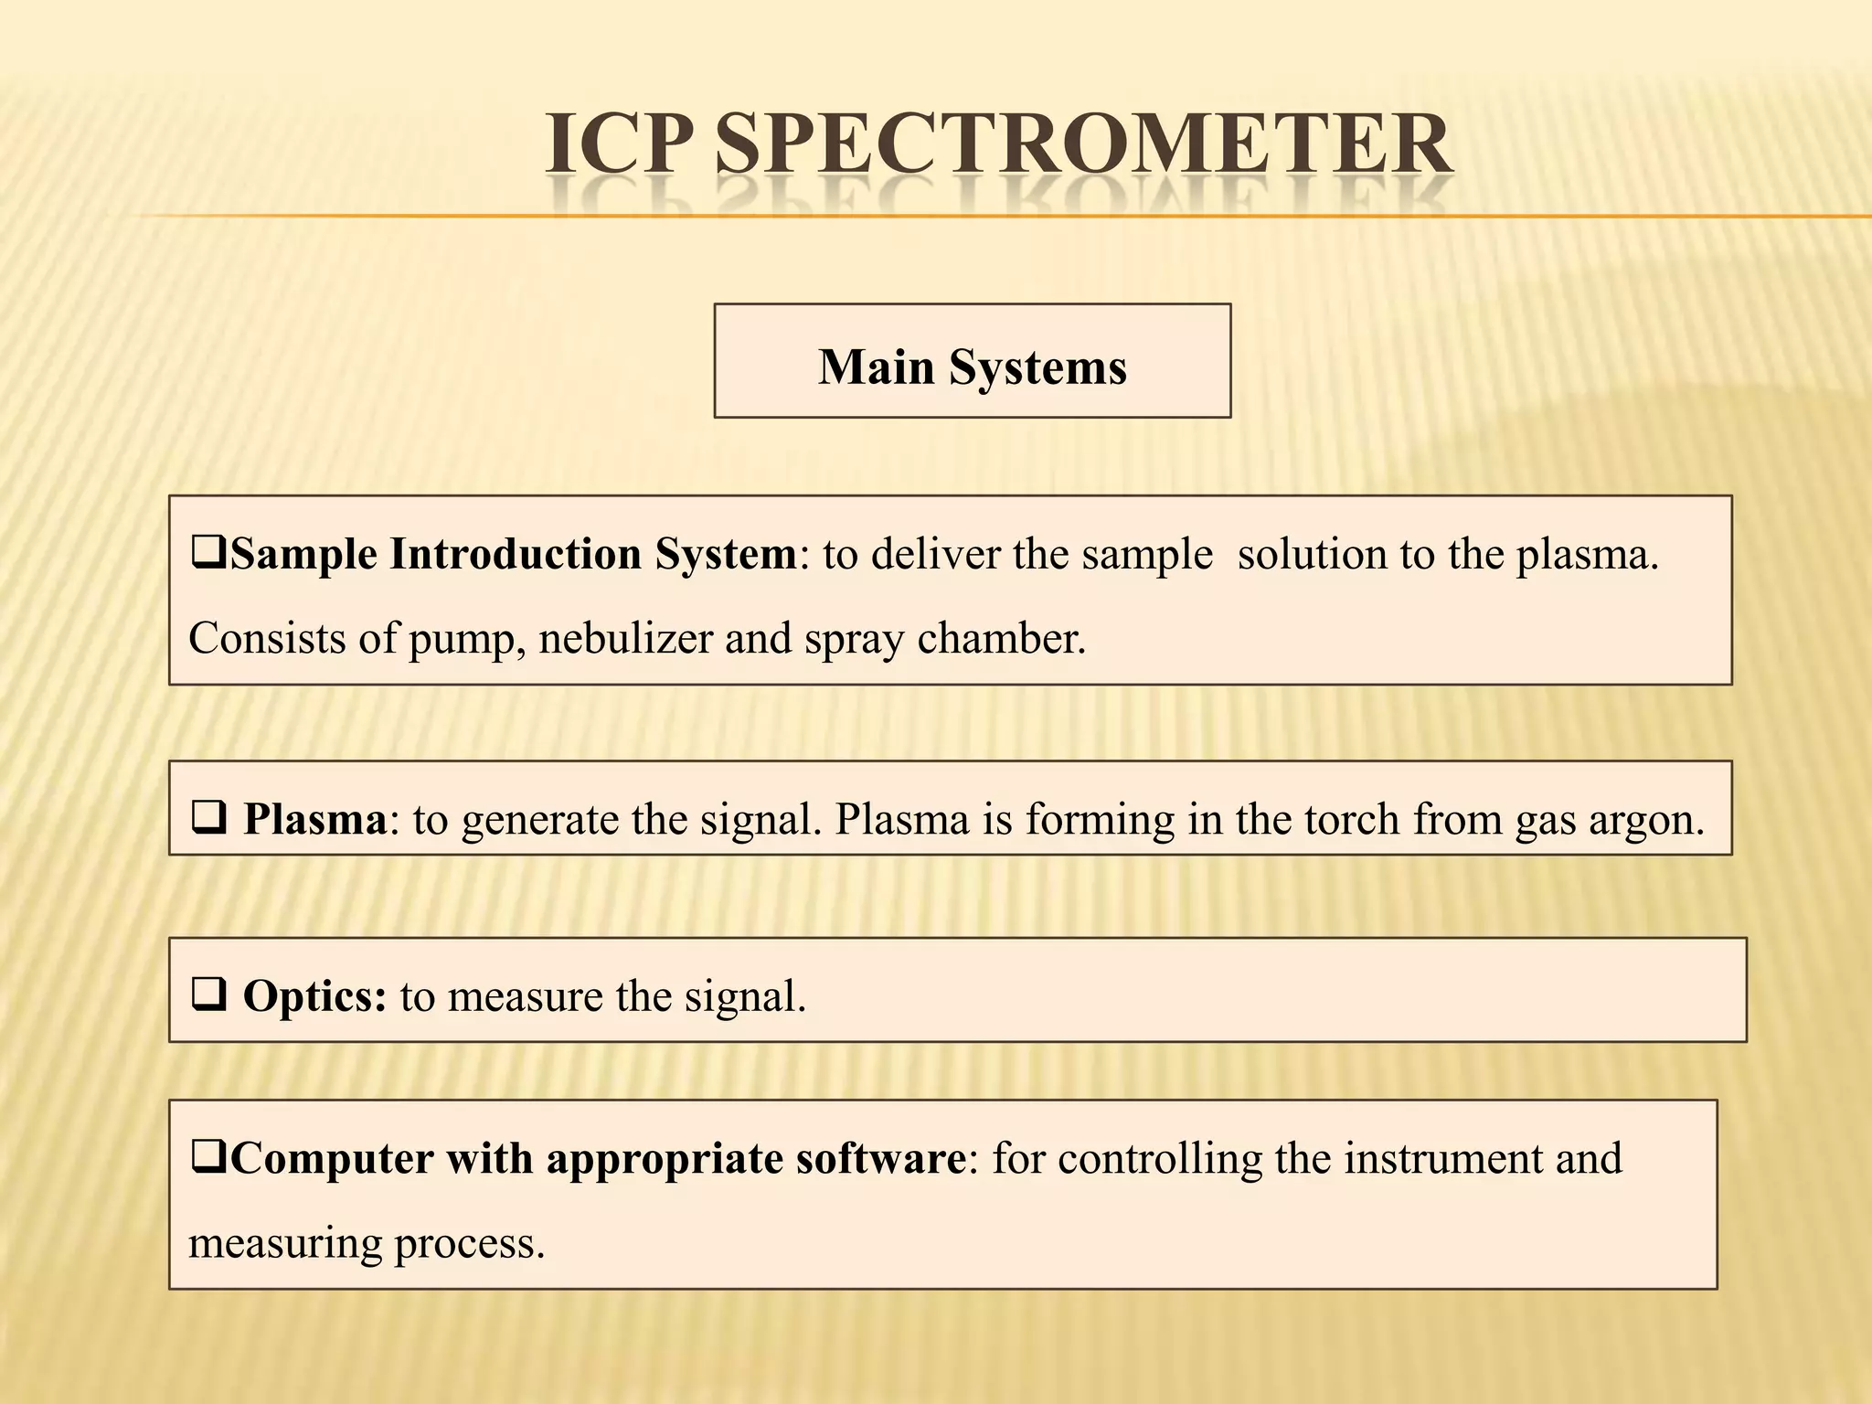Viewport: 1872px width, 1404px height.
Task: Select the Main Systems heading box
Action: click(972, 361)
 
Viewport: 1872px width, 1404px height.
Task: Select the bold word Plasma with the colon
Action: click(321, 819)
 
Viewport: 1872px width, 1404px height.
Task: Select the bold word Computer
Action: click(333, 1159)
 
